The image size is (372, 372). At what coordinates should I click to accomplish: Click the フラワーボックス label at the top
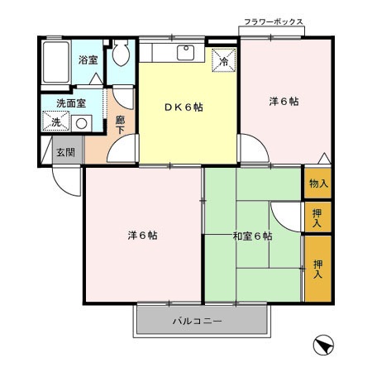click(274, 22)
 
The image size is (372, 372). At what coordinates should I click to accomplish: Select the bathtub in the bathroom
click(56, 62)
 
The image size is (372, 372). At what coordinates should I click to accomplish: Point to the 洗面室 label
click(70, 103)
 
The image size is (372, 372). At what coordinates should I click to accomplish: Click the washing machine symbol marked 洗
click(55, 122)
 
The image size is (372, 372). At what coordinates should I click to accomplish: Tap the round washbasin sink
click(81, 123)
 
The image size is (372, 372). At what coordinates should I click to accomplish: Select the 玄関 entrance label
click(65, 153)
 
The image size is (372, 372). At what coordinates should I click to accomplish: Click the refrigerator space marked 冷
click(223, 60)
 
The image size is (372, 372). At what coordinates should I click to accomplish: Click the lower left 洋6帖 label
click(142, 236)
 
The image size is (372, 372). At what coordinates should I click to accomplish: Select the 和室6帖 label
click(252, 237)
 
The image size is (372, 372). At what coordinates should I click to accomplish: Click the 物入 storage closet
click(317, 184)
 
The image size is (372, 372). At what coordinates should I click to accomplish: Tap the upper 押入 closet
click(317, 217)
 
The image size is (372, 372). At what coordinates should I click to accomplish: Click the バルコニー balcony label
click(197, 321)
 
